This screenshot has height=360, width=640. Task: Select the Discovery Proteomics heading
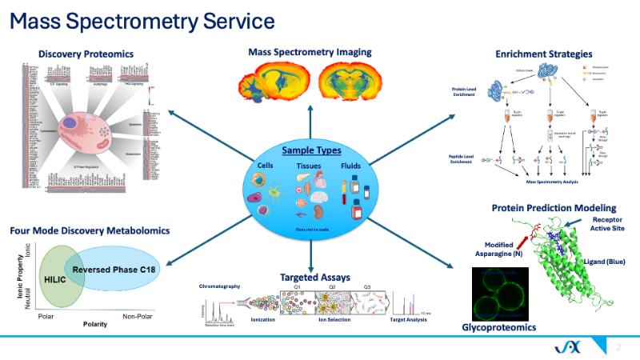click(x=86, y=54)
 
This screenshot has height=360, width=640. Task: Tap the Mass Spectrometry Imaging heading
click(x=310, y=53)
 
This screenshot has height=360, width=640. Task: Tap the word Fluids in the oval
click(x=351, y=165)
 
